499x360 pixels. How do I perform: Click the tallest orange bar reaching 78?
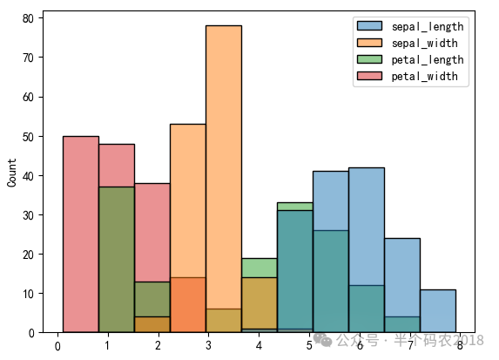224,179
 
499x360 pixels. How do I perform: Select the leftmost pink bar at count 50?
81,234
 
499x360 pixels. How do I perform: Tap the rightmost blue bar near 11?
438,311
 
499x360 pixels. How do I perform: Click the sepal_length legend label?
428,27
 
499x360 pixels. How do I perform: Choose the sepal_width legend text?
424,43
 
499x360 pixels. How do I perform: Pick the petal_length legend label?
428,60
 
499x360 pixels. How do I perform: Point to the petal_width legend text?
424,77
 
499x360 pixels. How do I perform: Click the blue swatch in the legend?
369,26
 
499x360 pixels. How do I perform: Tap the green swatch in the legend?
369,59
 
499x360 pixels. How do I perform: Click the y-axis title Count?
12,173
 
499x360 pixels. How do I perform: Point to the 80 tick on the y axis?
28,18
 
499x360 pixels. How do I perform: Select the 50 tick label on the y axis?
28,137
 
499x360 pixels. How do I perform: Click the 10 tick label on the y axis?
28,294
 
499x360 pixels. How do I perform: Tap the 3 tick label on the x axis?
208,346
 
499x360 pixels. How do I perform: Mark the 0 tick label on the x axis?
57,346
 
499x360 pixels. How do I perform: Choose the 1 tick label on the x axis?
108,346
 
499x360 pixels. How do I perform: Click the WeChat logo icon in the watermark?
323,340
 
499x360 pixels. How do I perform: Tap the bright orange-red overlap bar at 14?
188,305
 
